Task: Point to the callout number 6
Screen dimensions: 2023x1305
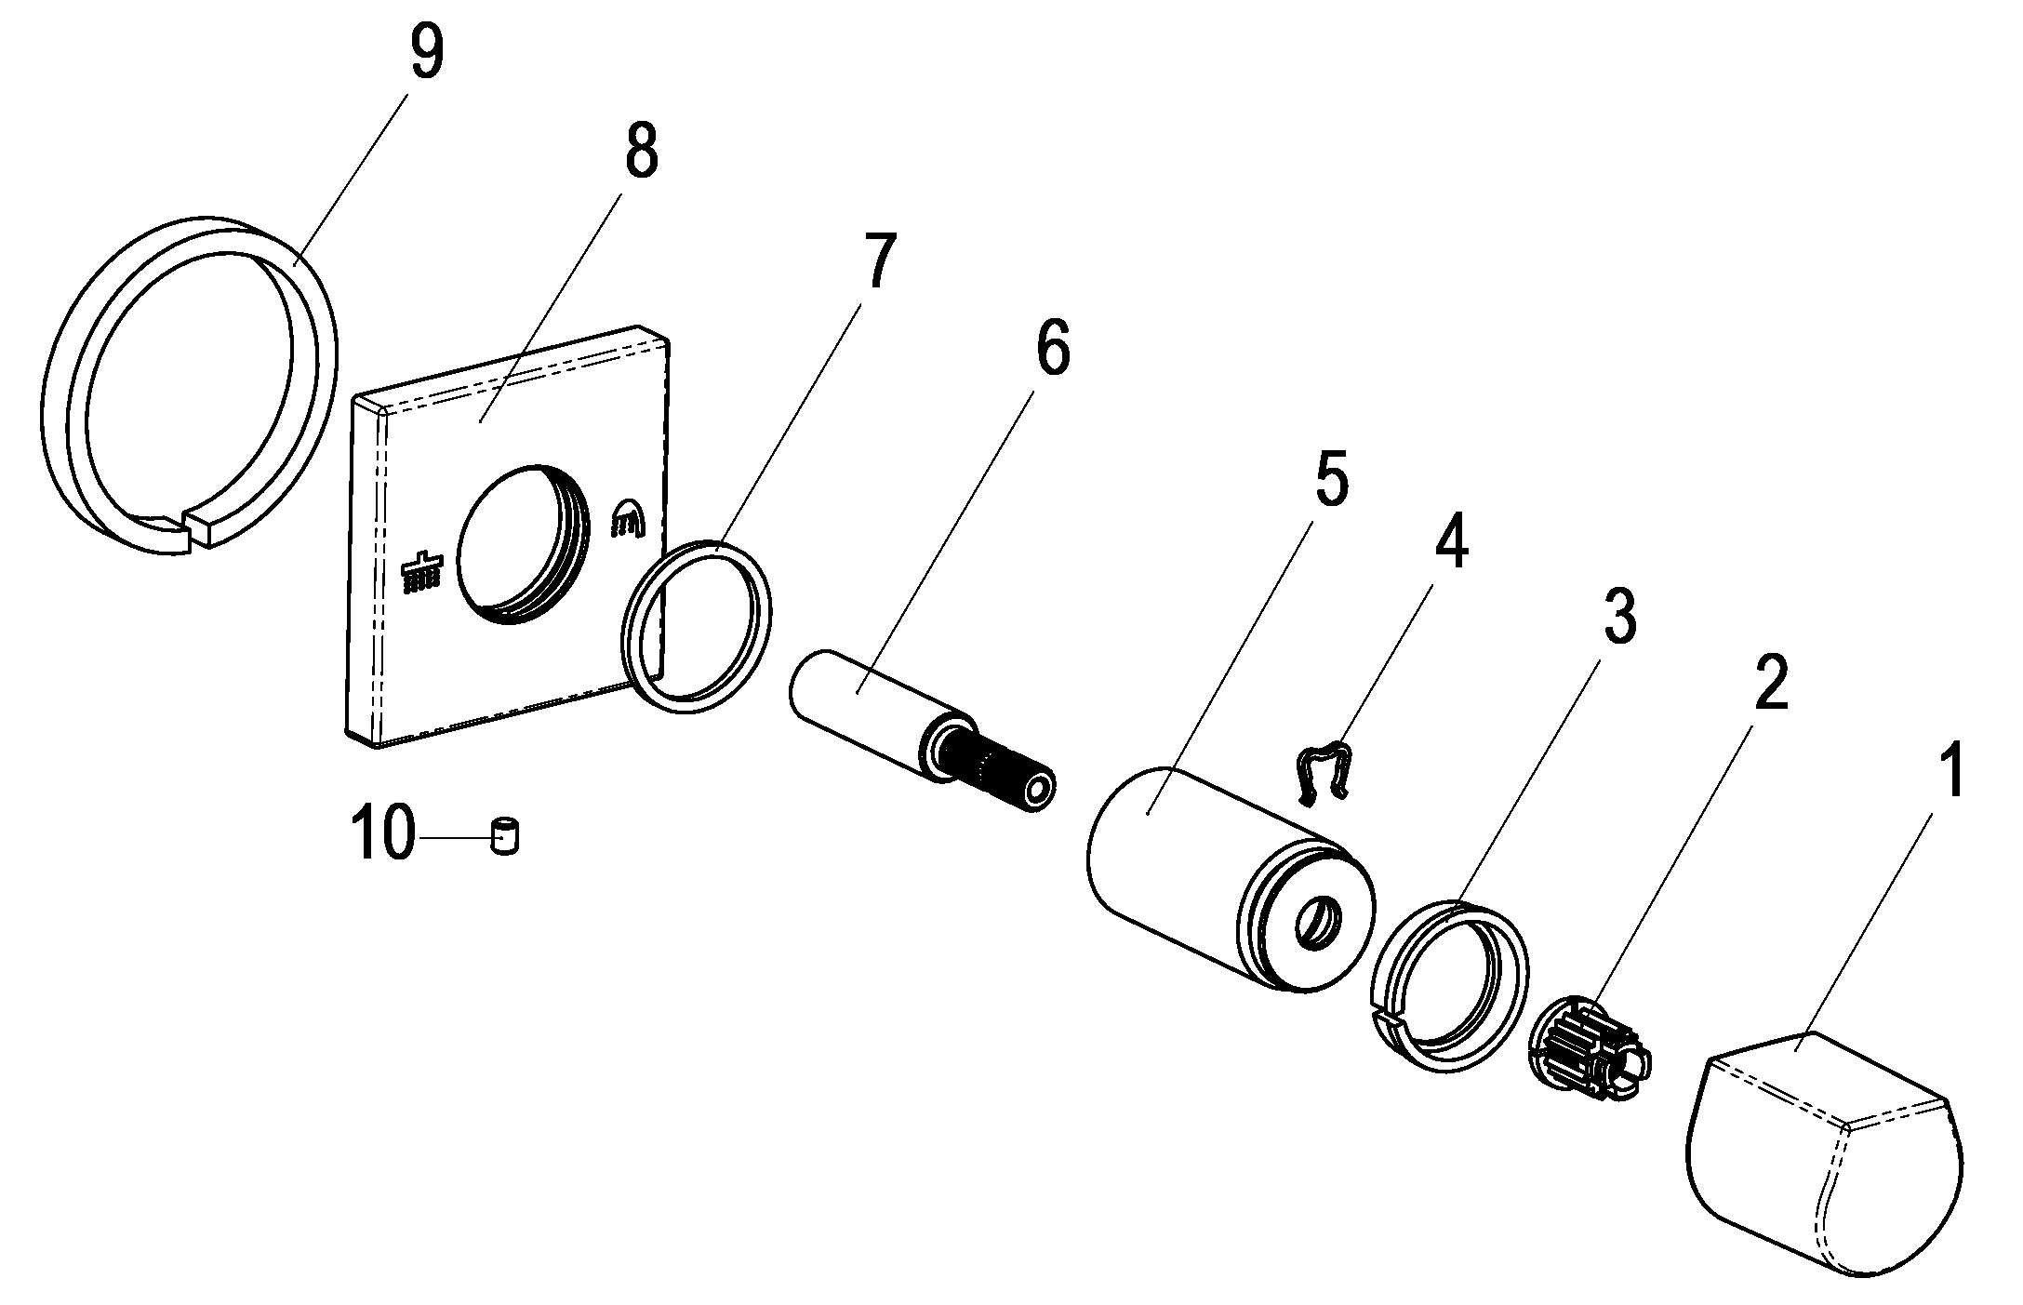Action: click(1051, 347)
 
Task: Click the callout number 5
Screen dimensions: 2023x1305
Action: click(1330, 473)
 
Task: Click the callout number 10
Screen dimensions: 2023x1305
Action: click(381, 834)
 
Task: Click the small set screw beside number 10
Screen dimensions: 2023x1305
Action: click(505, 836)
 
